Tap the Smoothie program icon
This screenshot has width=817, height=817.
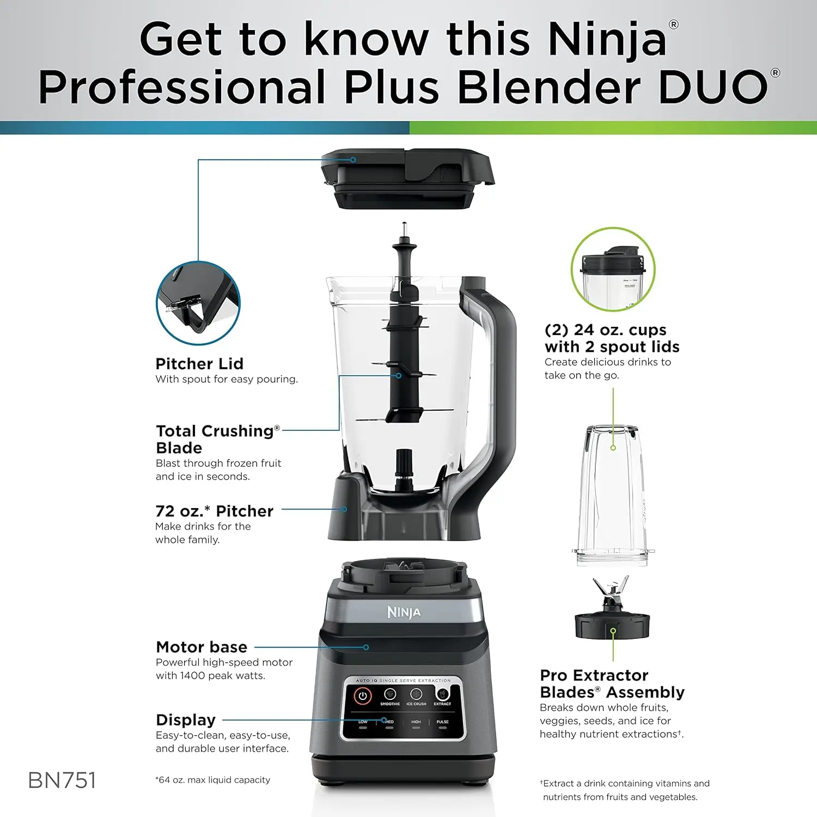pos(389,694)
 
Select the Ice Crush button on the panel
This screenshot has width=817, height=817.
pos(416,694)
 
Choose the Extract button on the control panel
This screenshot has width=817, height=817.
pos(442,694)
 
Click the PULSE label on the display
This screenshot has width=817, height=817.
pos(442,722)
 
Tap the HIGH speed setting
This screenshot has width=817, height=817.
pos(416,722)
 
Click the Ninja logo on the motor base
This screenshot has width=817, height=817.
pos(404,612)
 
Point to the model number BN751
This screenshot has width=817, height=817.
pos(62,781)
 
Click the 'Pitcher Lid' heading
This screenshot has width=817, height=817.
pos(199,364)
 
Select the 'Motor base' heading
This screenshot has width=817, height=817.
pos(202,647)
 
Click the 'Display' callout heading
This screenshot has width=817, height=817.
pos(186,720)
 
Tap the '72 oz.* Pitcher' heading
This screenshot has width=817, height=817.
pos(214,511)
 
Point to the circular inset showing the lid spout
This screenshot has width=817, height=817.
pos(198,303)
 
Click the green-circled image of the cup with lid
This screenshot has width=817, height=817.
pos(613,270)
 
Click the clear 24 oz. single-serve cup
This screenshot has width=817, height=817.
pos(612,496)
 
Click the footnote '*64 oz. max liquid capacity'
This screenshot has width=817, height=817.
pos(212,780)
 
